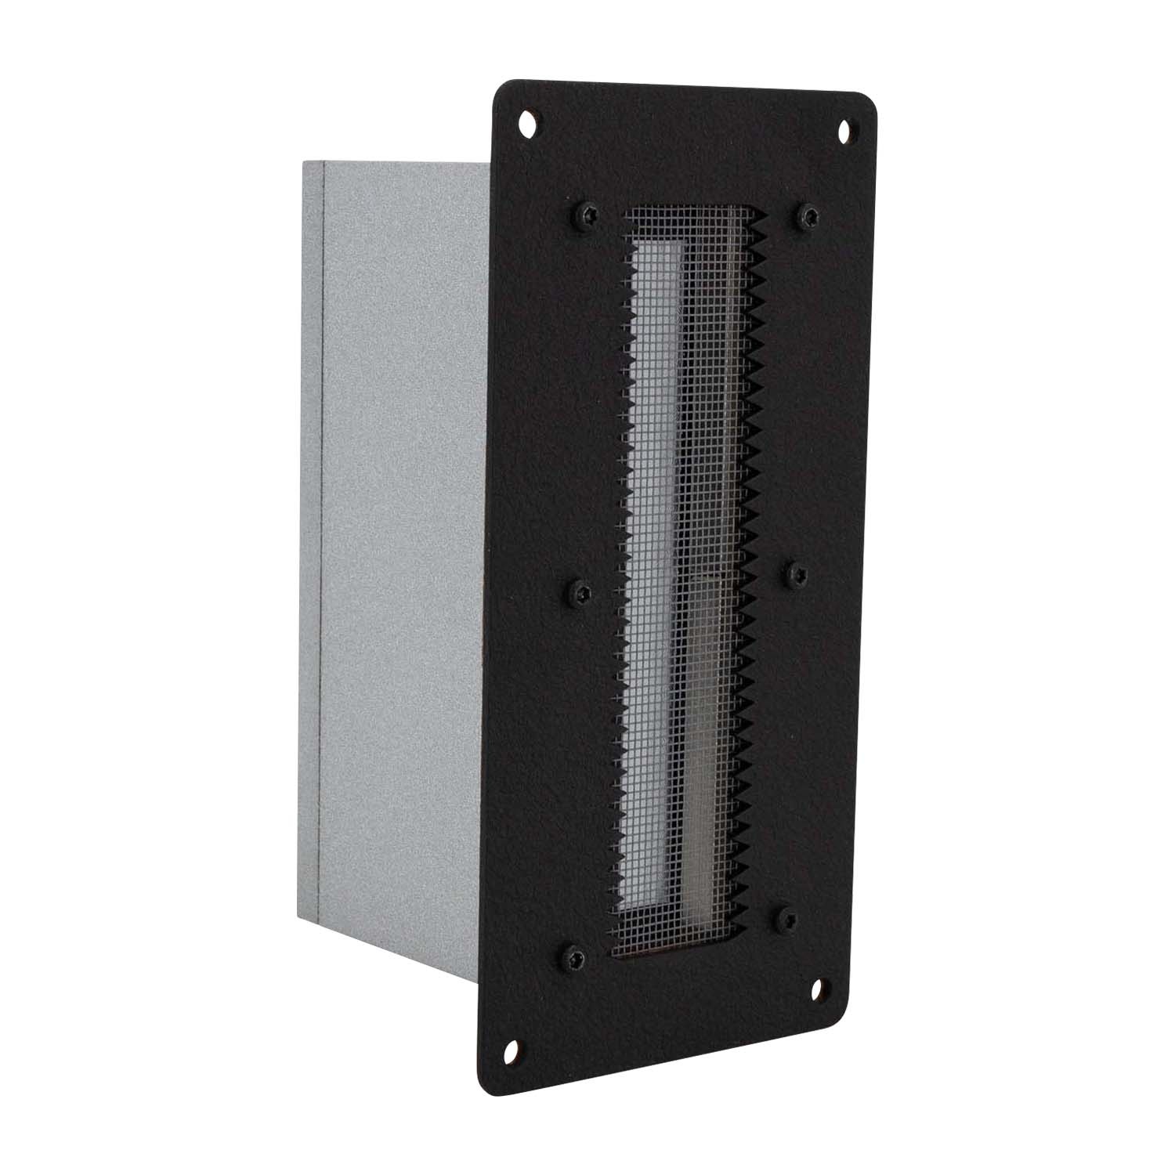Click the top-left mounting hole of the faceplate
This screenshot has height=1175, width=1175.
[527, 122]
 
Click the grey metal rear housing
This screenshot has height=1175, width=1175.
[392, 548]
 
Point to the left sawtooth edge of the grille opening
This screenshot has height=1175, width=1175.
[625, 595]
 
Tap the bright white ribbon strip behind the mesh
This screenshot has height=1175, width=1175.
[654, 548]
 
